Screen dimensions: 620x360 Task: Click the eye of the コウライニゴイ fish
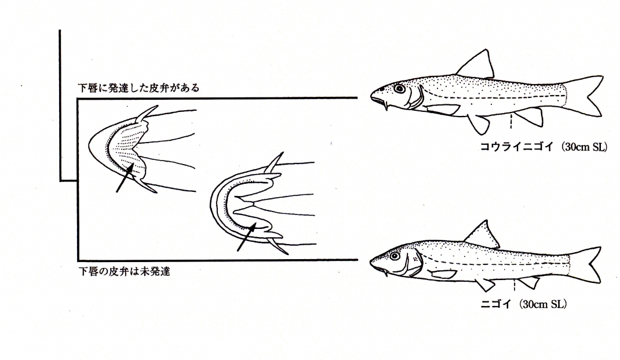pyautogui.click(x=399, y=89)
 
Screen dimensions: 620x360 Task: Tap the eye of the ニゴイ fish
pyautogui.click(x=394, y=256)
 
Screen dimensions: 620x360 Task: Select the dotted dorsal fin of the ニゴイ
pyautogui.click(x=483, y=235)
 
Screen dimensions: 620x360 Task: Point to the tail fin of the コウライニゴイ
pyautogui.click(x=586, y=96)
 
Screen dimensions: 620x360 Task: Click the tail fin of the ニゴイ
pyautogui.click(x=586, y=264)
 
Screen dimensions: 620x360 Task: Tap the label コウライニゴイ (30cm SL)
pyautogui.click(x=544, y=147)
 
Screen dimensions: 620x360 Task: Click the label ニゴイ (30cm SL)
pyautogui.click(x=523, y=304)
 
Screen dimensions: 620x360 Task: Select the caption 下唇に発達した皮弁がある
pyautogui.click(x=138, y=88)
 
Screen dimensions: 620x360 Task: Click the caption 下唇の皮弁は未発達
pyautogui.click(x=124, y=271)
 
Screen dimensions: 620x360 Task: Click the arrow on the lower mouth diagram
pyautogui.click(x=247, y=237)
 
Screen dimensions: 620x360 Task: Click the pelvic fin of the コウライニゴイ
pyautogui.click(x=480, y=124)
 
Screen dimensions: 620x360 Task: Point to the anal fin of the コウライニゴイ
pyautogui.click(x=530, y=116)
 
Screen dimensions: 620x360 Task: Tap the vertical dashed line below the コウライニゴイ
pyautogui.click(x=511, y=121)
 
